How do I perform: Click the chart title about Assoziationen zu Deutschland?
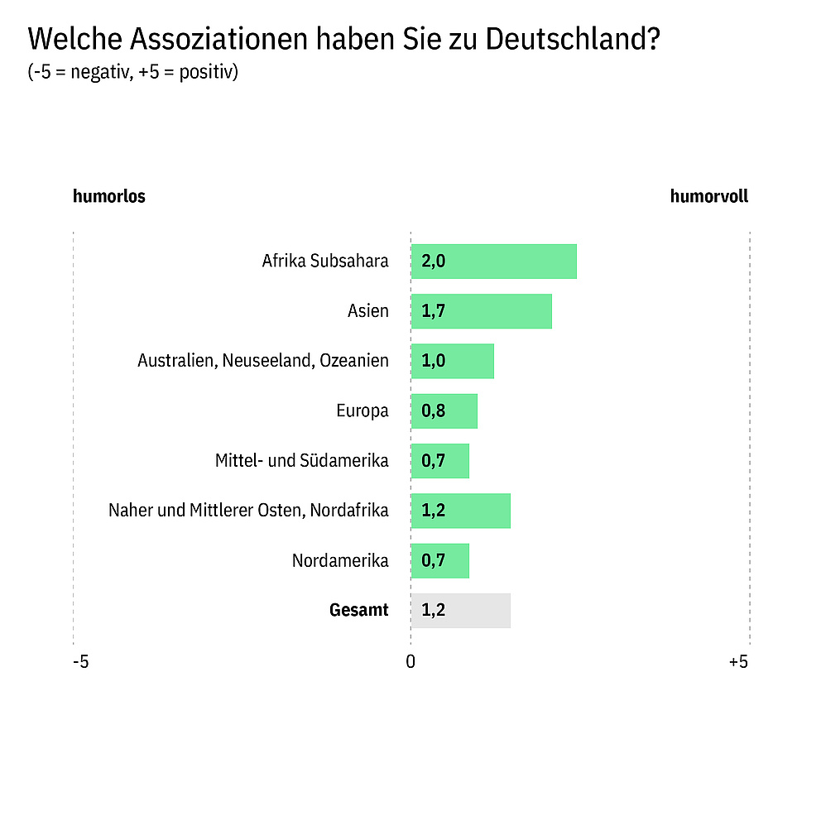point(343,39)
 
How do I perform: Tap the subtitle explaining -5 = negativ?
point(133,72)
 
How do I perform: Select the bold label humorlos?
point(109,197)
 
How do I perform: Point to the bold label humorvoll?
point(709,197)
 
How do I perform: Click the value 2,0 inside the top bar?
point(434,262)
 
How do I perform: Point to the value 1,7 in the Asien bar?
point(434,311)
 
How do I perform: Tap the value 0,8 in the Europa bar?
point(434,410)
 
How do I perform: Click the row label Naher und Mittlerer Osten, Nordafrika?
point(248,511)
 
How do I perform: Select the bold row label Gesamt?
point(358,611)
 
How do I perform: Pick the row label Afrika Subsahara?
point(325,262)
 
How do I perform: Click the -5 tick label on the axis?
point(80,662)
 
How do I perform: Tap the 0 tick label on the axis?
point(410,662)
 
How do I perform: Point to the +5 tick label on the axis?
point(738,662)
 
